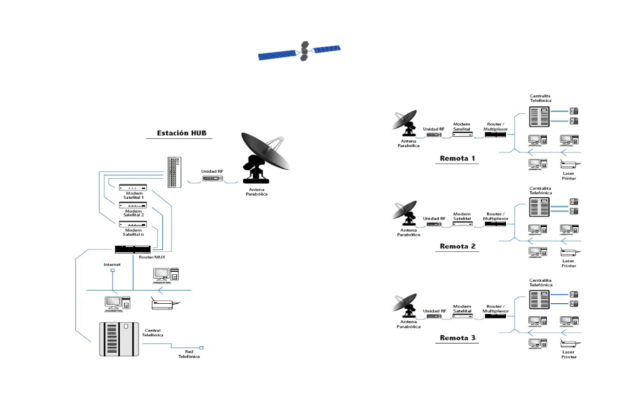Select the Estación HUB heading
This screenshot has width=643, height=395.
click(x=179, y=133)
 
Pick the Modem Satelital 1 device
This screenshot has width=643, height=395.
click(x=133, y=187)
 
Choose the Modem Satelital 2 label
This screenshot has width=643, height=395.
click(x=133, y=213)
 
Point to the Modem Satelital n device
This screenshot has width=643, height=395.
click(x=133, y=224)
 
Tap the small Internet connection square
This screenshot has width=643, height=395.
click(x=112, y=270)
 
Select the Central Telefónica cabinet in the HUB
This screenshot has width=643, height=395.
click(x=120, y=339)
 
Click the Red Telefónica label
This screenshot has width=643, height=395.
click(x=189, y=354)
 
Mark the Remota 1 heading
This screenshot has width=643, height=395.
click(x=457, y=158)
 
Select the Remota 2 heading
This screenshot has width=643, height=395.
click(x=457, y=246)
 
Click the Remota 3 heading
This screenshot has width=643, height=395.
click(x=457, y=338)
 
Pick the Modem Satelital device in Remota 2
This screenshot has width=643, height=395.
click(x=462, y=224)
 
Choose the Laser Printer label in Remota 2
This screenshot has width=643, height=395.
click(x=568, y=263)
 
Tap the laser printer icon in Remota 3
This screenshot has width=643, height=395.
click(x=569, y=344)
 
